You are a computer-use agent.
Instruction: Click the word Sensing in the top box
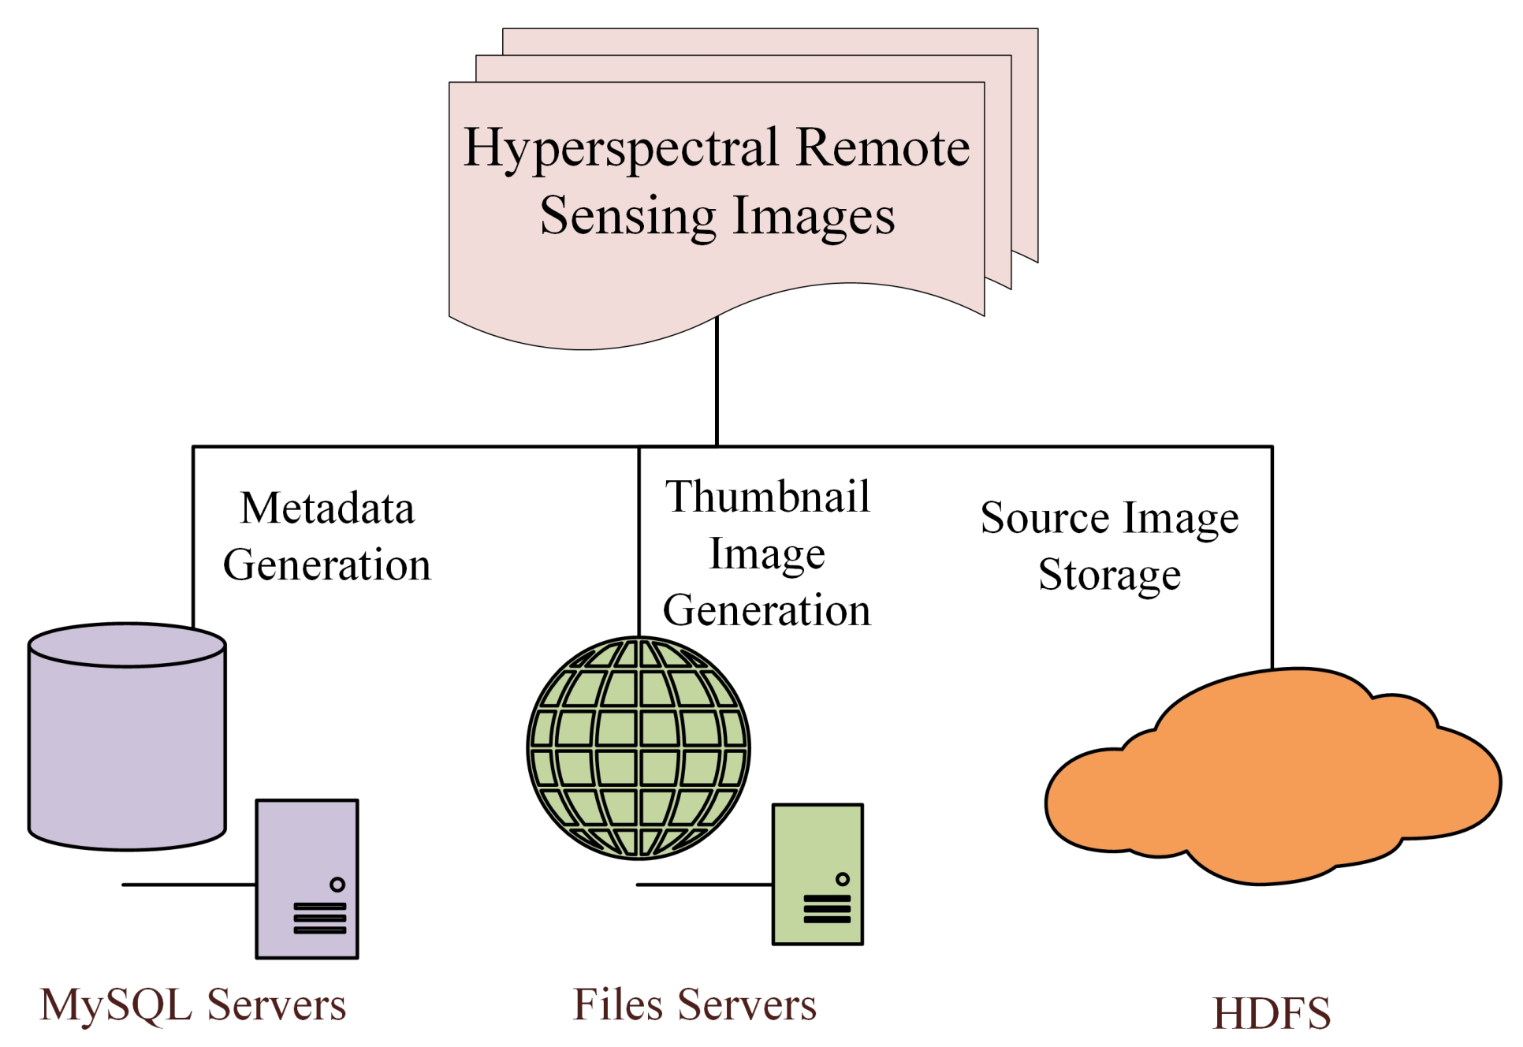(627, 216)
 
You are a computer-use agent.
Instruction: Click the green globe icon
(638, 747)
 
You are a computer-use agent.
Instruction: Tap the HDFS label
(1271, 1013)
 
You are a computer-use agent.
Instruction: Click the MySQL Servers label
(193, 1004)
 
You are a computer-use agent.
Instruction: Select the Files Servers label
(694, 1004)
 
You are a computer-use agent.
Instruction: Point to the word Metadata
(327, 508)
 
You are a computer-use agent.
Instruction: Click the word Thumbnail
(767, 497)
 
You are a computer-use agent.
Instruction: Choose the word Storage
(1109, 574)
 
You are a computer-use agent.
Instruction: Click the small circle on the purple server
(337, 884)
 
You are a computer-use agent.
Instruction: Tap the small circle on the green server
(842, 878)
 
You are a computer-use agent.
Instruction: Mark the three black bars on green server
(826, 908)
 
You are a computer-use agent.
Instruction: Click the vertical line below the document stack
(717, 382)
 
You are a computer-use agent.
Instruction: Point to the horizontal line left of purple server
(189, 885)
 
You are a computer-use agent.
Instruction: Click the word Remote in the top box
(882, 148)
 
